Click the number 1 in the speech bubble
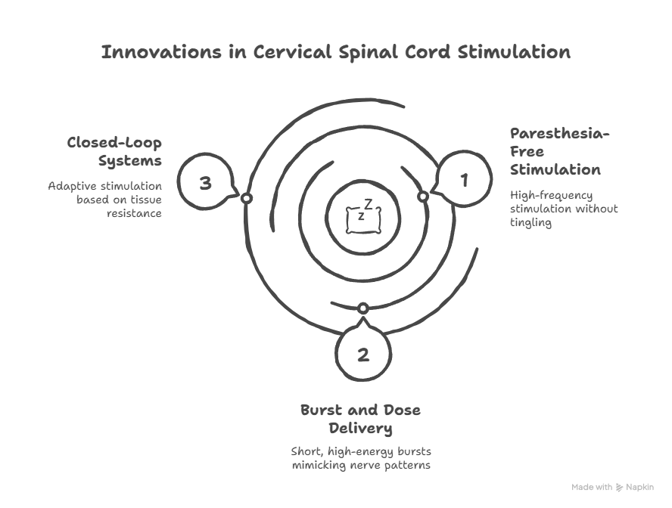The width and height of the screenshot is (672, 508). coord(464,181)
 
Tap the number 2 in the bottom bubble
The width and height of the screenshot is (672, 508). coord(363,355)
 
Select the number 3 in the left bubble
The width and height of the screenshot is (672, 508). coord(206,183)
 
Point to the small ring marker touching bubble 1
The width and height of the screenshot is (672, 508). coord(423,197)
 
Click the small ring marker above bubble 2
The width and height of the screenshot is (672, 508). coord(363,308)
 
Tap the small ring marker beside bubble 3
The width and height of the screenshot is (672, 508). coord(246,198)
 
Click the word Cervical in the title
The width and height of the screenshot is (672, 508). coord(292,52)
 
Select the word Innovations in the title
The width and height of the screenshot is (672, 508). coord(162,52)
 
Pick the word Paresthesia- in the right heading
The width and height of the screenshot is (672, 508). coord(560,134)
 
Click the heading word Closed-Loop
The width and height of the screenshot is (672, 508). coord(114,143)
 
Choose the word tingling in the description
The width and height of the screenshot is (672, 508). coord(530,222)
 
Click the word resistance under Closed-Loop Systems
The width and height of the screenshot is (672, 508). coord(134,213)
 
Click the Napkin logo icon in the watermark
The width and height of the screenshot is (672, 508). coord(619,487)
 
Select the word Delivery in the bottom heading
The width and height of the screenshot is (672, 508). coord(360,429)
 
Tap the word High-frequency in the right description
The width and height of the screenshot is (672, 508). coord(551,196)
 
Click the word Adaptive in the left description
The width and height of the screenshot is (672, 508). coord(72,187)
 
